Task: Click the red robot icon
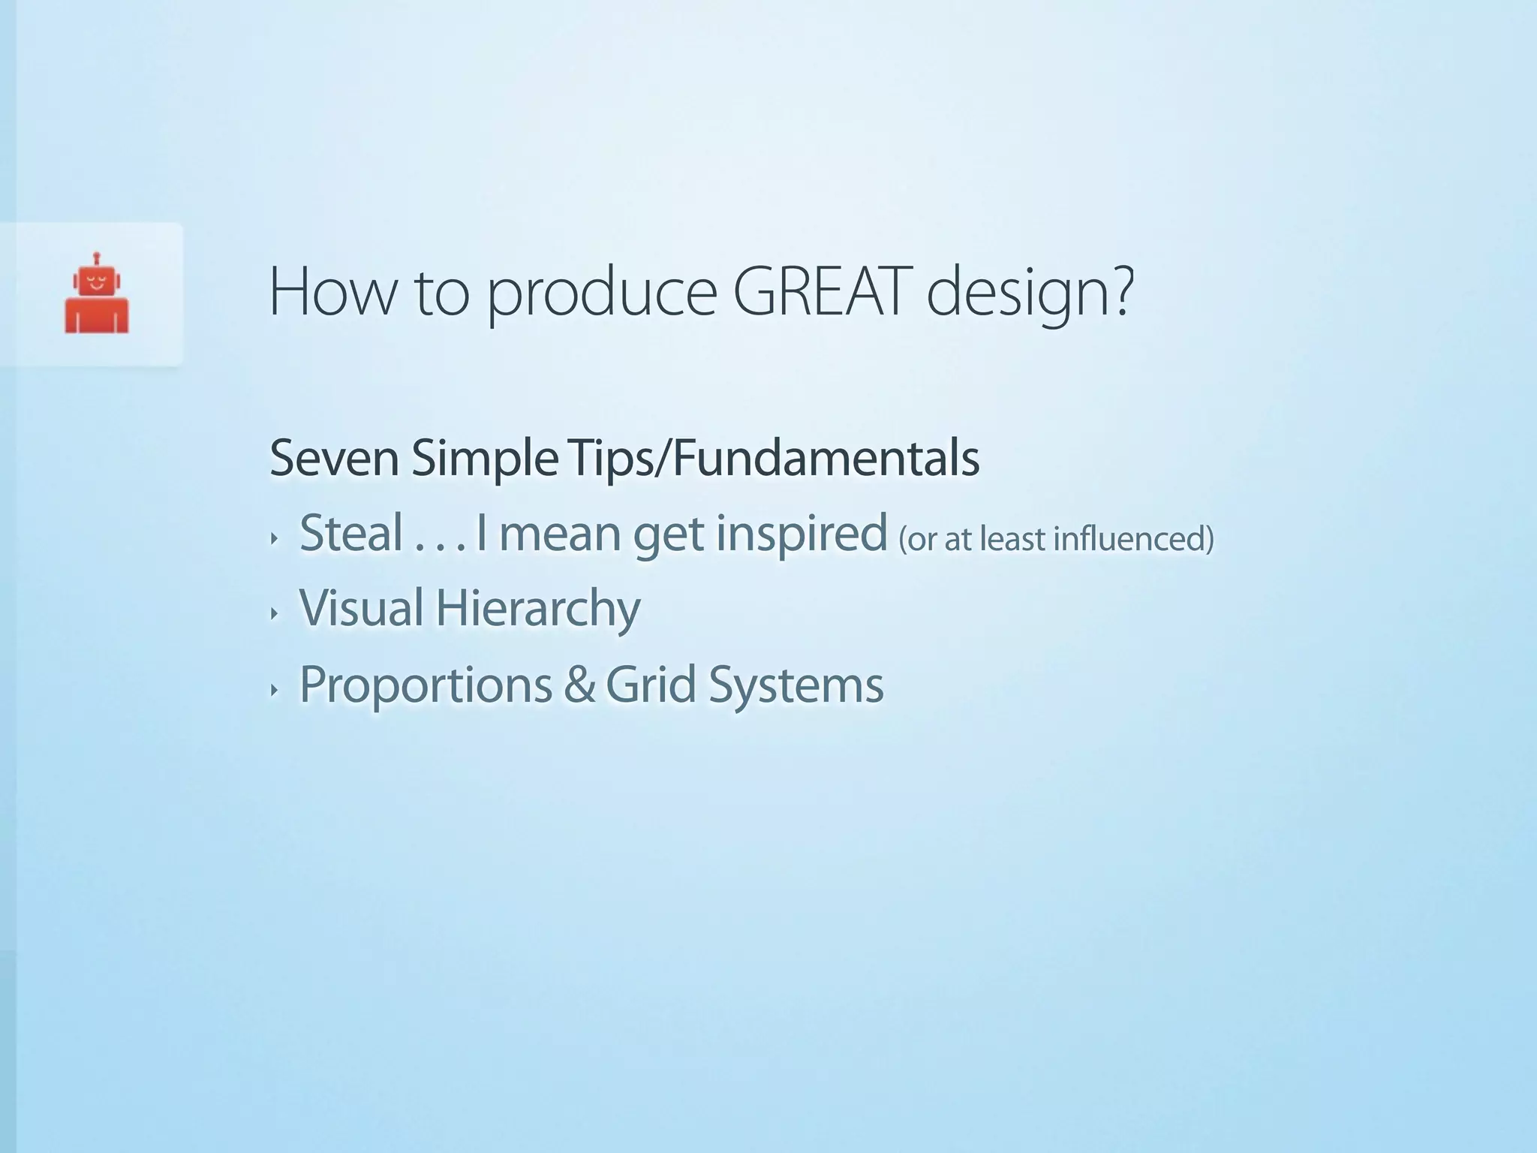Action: tap(96, 294)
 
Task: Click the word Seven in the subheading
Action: tap(334, 458)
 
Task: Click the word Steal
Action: tap(351, 533)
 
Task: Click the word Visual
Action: tap(362, 607)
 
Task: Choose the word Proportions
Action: tap(426, 685)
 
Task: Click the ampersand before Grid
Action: tap(579, 685)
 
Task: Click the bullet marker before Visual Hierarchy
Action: tap(274, 613)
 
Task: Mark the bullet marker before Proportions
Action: tap(274, 690)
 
